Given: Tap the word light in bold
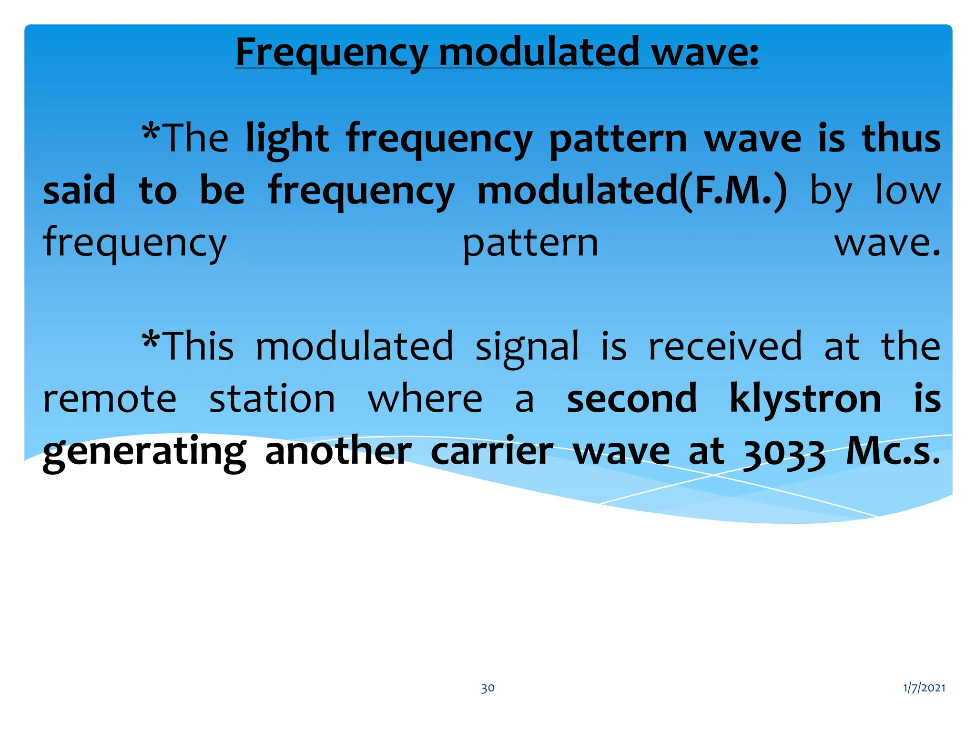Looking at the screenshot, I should point(287,140).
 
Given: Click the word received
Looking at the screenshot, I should point(725,346).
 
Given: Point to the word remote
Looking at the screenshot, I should point(110,399).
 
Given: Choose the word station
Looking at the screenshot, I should point(272,399).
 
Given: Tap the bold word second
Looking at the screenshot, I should point(631,399).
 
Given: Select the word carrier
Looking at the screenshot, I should point(492,451).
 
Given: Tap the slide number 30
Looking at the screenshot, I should point(488,688).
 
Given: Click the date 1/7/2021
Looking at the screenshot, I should point(924,687).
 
